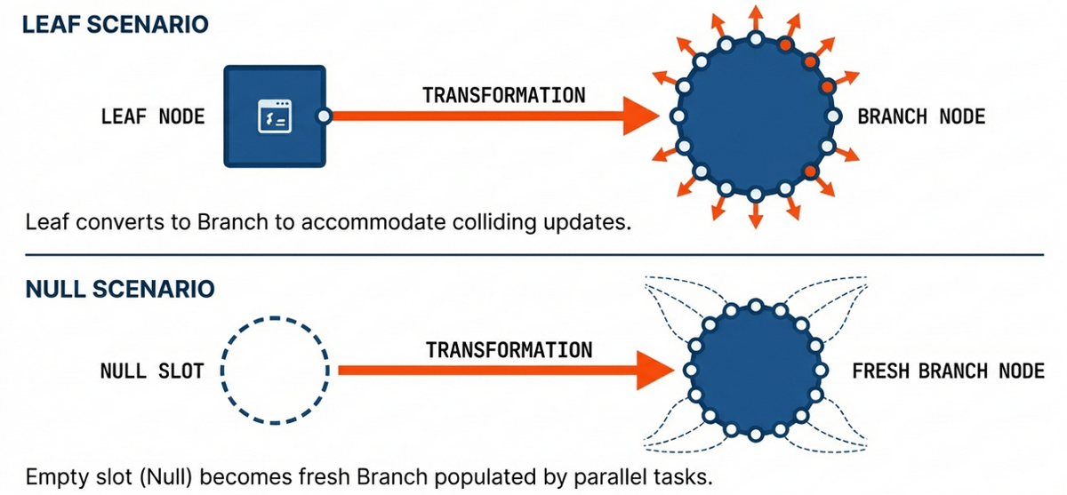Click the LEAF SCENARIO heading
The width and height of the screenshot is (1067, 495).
pyautogui.click(x=115, y=24)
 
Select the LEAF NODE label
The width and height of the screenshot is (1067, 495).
pyautogui.click(x=153, y=116)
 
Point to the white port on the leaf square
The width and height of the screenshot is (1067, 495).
pyautogui.click(x=325, y=116)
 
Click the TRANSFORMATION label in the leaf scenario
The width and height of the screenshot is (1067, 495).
pyautogui.click(x=503, y=94)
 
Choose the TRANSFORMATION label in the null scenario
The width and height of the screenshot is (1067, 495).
pyautogui.click(x=509, y=349)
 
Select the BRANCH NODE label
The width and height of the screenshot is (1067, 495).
pyautogui.click(x=921, y=116)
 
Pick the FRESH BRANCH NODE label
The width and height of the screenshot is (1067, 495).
pyautogui.click(x=948, y=371)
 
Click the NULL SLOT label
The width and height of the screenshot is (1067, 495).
pyautogui.click(x=151, y=371)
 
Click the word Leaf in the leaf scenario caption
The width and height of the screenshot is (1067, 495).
pyautogui.click(x=44, y=221)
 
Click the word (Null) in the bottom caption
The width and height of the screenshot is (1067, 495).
pyautogui.click(x=161, y=476)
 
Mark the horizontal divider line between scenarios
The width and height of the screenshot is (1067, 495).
pyautogui.click(x=533, y=255)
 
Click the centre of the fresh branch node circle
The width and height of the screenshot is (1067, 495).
pyautogui.click(x=756, y=371)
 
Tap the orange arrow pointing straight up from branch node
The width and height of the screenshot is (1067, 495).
pyautogui.click(x=756, y=16)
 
